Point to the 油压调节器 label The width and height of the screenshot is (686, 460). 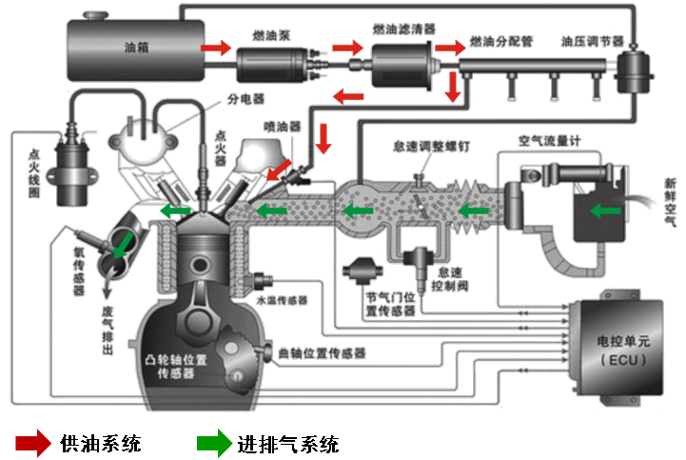(x=592, y=43)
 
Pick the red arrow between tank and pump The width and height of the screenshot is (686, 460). (x=216, y=46)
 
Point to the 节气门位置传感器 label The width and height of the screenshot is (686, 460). (x=394, y=302)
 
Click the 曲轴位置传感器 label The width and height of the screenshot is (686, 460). (x=322, y=352)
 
